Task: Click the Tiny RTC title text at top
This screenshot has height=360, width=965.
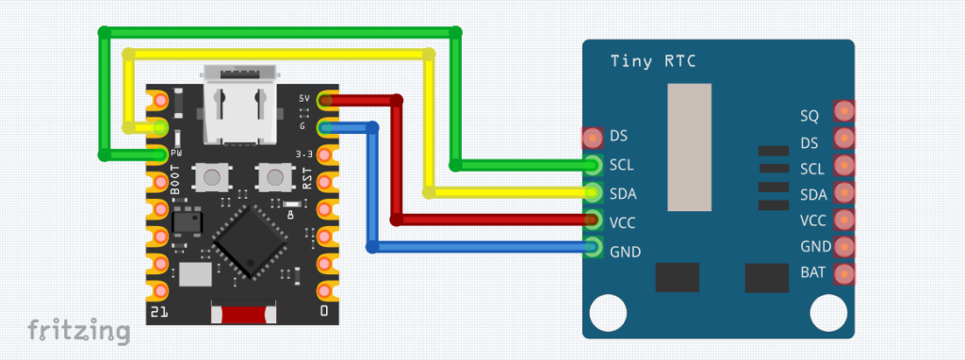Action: (x=653, y=62)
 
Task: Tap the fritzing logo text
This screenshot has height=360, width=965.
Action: (x=78, y=331)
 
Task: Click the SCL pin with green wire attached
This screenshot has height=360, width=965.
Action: (x=594, y=165)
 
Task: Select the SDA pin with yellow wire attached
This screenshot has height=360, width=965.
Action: (x=594, y=192)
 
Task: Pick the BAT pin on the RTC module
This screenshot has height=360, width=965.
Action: (x=842, y=274)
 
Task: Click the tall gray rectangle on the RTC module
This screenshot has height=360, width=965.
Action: (x=689, y=146)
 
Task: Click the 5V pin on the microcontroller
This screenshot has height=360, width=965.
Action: (x=325, y=99)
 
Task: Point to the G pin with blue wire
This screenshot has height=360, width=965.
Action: (x=325, y=126)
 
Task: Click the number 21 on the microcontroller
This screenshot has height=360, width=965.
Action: (x=158, y=311)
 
